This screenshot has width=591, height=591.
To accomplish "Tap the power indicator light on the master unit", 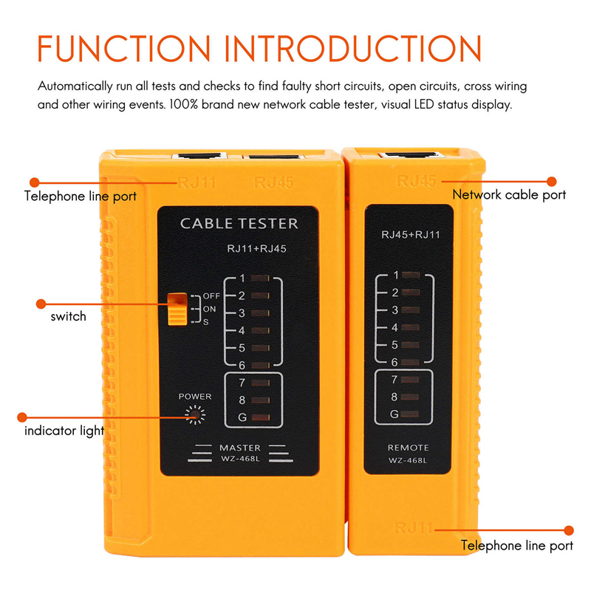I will point(195,417).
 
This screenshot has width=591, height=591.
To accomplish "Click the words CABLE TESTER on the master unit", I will point(239,223).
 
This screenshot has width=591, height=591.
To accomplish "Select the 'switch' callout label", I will point(68,316).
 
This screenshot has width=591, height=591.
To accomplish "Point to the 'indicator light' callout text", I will point(64,430).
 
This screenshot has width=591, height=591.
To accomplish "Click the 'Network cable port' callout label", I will point(509,195).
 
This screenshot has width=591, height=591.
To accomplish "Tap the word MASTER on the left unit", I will point(239,448).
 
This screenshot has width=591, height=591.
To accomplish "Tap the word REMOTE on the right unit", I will point(408,448).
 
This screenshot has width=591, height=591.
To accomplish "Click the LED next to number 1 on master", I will point(260,279).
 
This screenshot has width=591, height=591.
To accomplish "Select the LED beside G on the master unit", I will point(260,418).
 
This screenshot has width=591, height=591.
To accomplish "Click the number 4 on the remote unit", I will point(394,327).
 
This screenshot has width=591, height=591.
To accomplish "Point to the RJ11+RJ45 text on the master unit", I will point(256,249).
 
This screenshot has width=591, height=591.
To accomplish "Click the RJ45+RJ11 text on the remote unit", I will point(410,235).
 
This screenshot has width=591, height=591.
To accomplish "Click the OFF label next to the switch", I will point(211,296).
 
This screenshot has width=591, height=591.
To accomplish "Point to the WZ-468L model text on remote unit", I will point(408,462).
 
